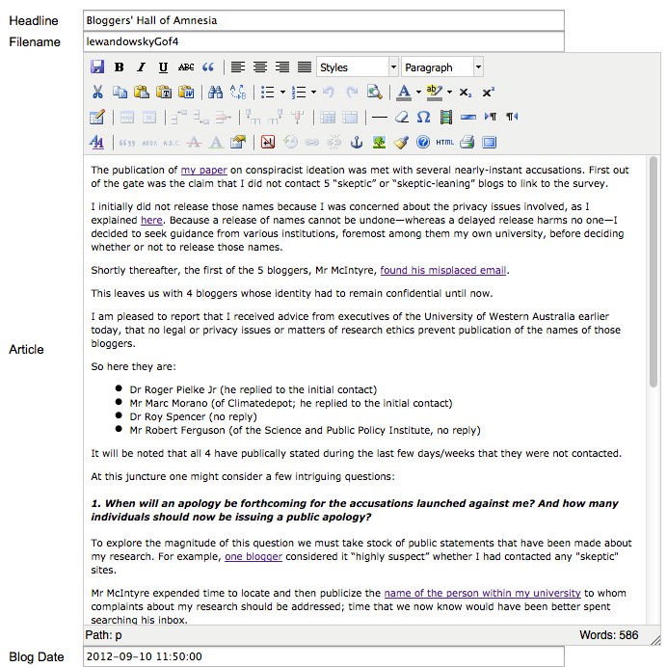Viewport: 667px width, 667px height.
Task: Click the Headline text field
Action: coord(323,20)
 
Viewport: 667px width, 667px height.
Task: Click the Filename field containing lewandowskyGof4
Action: coord(323,41)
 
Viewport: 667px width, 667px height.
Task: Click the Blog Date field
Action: coord(323,656)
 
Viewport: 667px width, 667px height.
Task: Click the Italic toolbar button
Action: coord(141,67)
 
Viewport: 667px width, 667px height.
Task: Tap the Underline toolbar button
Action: coord(163,67)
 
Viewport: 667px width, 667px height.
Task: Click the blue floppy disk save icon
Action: coord(97,67)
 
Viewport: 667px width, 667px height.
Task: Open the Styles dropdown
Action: coord(357,67)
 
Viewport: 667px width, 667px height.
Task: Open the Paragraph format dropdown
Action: coord(442,67)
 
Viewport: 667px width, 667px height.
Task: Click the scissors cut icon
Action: coord(97,93)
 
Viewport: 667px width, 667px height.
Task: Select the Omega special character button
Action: coord(424,118)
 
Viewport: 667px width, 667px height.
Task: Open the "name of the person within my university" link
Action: coord(482,593)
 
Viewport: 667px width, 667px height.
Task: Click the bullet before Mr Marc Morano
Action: coord(120,403)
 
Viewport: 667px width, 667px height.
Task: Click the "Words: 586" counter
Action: coord(609,635)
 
